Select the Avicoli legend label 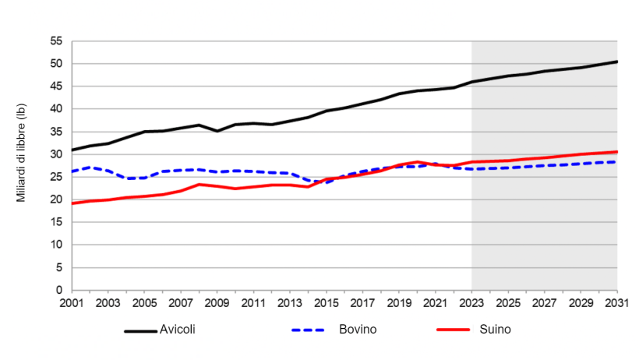tap(178, 330)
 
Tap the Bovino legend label tap(358, 330)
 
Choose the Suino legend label tap(496, 330)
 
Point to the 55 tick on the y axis tap(55, 41)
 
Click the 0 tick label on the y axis tap(58, 290)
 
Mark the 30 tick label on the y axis tap(55, 154)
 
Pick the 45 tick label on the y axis tap(55, 86)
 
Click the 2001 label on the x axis tap(72, 303)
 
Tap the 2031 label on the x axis tap(617, 303)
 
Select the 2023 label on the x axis tap(471, 303)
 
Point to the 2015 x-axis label tap(327, 303)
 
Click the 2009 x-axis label tap(217, 303)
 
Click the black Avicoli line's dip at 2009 tap(217, 131)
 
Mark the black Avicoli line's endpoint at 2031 tap(616, 62)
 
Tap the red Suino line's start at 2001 tap(72, 203)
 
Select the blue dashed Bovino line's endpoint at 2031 tap(616, 162)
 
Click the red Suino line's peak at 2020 tap(418, 162)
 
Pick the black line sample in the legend tap(140, 330)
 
